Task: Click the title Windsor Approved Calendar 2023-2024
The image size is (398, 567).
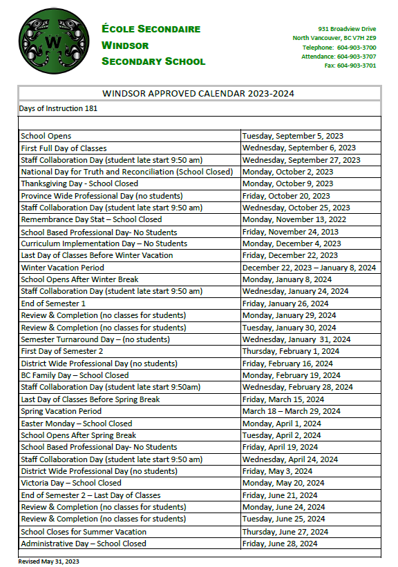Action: pyautogui.click(x=199, y=93)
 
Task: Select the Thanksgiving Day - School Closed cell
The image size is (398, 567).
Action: pyautogui.click(x=79, y=183)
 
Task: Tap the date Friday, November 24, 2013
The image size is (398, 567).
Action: pyautogui.click(x=290, y=232)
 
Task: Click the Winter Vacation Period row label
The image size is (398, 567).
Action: pyautogui.click(x=63, y=268)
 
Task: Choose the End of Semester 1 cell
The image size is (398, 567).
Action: pyautogui.click(x=53, y=304)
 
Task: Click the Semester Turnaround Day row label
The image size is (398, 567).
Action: pyautogui.click(x=95, y=339)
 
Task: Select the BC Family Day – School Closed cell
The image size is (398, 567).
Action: pyautogui.click(x=75, y=375)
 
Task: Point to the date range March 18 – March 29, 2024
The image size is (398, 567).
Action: pyautogui.click(x=291, y=411)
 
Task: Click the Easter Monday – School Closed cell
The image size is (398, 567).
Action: pyautogui.click(x=77, y=424)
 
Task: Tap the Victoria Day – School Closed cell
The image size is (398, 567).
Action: pyautogui.click(x=71, y=483)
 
